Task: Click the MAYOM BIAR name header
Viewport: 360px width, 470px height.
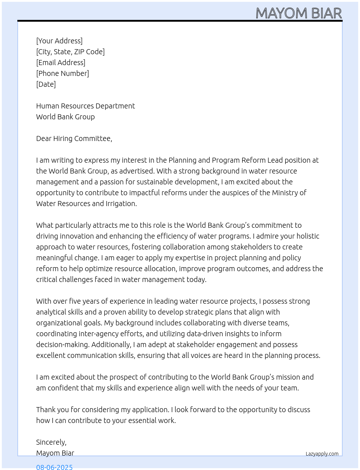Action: [x=299, y=13]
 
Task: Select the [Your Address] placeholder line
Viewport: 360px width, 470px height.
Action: [x=59, y=41]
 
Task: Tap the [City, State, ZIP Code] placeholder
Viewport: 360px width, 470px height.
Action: [x=70, y=52]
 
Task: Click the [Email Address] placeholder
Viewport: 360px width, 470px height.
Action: [x=61, y=63]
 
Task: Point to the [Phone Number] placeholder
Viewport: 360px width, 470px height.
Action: [x=63, y=73]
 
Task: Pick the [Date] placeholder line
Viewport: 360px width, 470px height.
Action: [x=46, y=84]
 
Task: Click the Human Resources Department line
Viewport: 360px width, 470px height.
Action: [x=85, y=106]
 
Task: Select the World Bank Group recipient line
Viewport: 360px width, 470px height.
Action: [x=65, y=117]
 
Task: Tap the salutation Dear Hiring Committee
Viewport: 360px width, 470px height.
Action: [x=74, y=138]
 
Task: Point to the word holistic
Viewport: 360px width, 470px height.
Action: [x=308, y=236]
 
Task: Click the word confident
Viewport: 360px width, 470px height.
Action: [x=67, y=388]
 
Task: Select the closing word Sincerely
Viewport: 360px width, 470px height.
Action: [x=51, y=442]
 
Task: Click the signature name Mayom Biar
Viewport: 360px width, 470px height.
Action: [x=55, y=453]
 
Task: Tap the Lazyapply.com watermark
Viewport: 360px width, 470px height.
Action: [x=322, y=454]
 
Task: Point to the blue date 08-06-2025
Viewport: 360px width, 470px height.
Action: [x=54, y=467]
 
